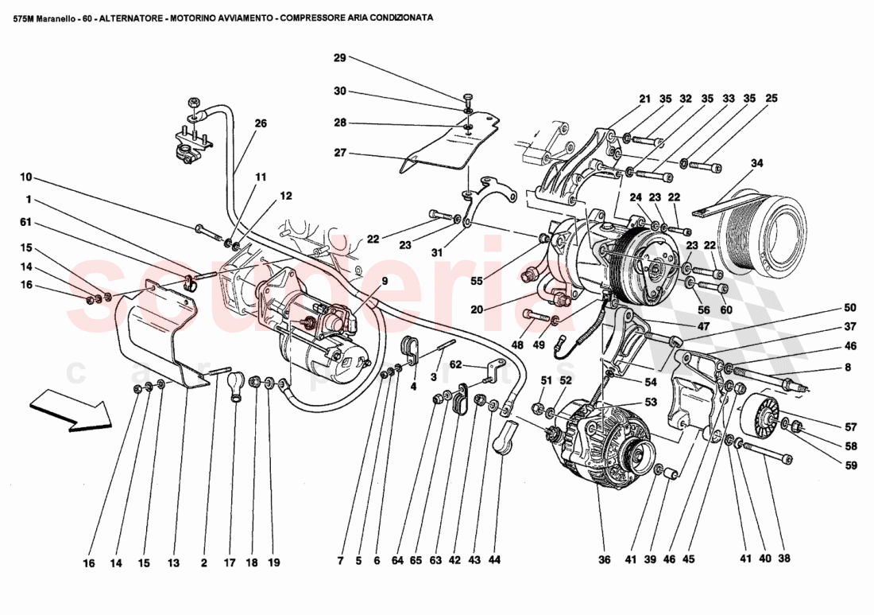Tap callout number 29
[x=339, y=58]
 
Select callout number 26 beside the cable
[x=261, y=123]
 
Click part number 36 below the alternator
[x=605, y=559]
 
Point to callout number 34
[x=757, y=163]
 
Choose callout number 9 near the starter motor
[x=384, y=280]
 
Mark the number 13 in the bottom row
[x=173, y=562]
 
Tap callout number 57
[x=850, y=425]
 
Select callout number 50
[x=850, y=307]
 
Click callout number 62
[x=455, y=366]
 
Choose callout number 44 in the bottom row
[x=494, y=560]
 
